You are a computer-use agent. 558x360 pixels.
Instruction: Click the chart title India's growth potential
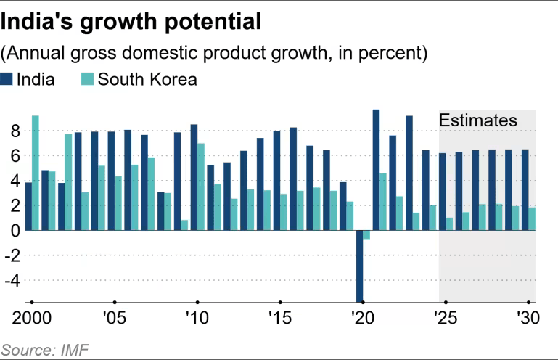pyautogui.click(x=131, y=22)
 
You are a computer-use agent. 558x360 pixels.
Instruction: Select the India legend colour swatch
pyautogui.click(x=7, y=79)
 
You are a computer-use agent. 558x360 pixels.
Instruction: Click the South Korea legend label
pyautogui.click(x=147, y=79)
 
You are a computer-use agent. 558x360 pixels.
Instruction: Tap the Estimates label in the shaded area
pyautogui.click(x=477, y=120)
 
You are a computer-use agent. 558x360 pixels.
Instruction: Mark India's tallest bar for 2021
pyautogui.click(x=376, y=170)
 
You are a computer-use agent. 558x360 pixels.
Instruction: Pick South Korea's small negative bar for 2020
pyautogui.click(x=367, y=234)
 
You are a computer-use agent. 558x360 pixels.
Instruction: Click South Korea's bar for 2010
pyautogui.click(x=201, y=187)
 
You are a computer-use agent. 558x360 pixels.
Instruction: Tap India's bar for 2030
pyautogui.click(x=524, y=189)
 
